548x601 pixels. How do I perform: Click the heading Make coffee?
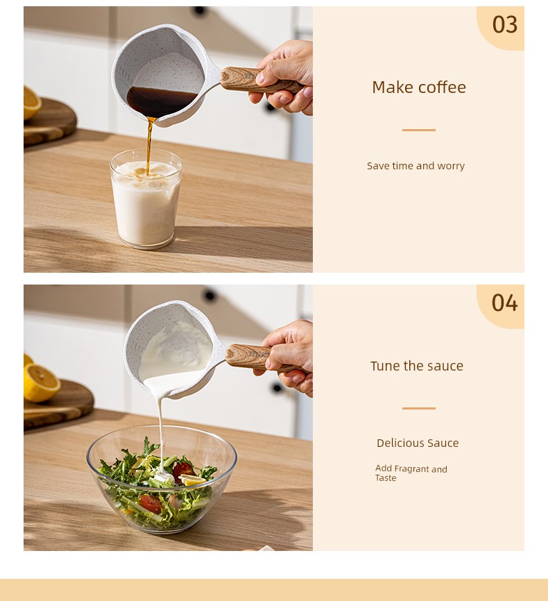pos(419,87)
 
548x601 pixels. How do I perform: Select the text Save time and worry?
pos(416,166)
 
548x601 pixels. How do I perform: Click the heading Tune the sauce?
pos(417,366)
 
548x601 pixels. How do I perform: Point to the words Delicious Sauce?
pos(418,443)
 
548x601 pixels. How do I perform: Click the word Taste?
pos(386,478)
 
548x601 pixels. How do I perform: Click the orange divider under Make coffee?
pos(419,130)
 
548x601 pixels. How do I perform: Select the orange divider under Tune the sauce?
pos(419,408)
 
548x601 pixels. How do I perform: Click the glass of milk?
pos(146,198)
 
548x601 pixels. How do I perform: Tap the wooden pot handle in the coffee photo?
pos(262,81)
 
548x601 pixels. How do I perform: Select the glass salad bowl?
pos(162,479)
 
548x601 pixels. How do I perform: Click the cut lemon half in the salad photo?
pos(42,383)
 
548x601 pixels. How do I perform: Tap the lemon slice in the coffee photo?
pos(32,103)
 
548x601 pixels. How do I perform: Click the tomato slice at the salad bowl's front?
pos(151,504)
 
